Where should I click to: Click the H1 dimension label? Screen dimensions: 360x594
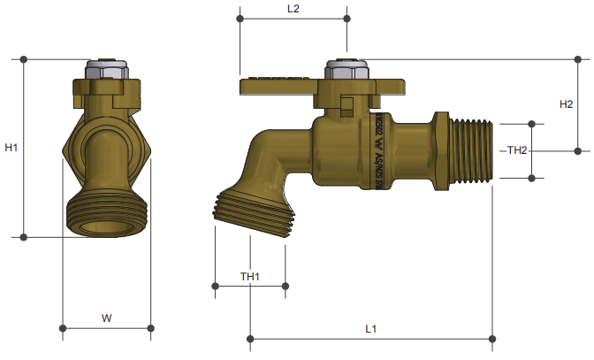coord(11,148)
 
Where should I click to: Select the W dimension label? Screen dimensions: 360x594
coord(106,317)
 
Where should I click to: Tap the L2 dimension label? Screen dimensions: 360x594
coord(293,9)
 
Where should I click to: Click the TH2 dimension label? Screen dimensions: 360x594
coord(516,151)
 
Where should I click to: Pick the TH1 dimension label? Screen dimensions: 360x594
coord(250,277)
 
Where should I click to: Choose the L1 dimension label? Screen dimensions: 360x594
coord(371,328)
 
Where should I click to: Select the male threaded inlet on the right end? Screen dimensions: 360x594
coord(472,150)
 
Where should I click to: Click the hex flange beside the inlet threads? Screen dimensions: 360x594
coord(440,150)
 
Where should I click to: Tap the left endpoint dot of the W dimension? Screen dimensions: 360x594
coord(63,330)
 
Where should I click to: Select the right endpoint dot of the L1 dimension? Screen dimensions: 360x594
coord(492,338)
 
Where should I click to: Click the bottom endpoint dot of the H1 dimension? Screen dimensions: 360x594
coord(24,237)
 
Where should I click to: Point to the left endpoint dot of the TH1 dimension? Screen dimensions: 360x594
coord(216,286)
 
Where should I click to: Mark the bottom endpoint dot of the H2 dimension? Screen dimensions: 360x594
coord(579,150)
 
